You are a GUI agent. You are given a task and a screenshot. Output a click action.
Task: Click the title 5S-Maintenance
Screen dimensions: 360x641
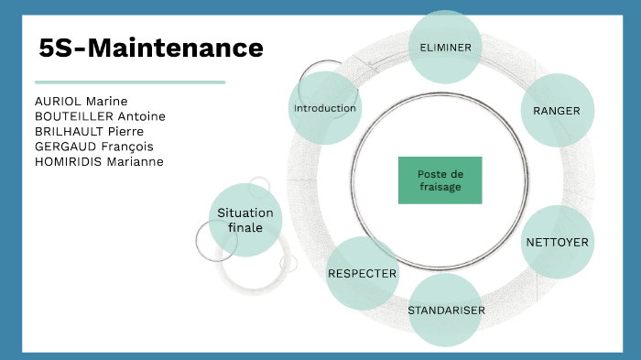151,48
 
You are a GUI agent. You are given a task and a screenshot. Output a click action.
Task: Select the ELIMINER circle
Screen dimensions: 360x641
445,47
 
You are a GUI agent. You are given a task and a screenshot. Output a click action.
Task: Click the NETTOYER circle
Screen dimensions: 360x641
557,242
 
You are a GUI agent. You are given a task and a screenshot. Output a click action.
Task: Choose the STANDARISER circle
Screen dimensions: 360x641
446,310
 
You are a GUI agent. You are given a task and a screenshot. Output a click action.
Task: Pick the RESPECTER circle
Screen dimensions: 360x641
363,273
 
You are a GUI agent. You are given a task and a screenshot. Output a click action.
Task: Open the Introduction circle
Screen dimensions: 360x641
324,108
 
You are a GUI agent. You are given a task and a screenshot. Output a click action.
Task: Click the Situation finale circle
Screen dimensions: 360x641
245,220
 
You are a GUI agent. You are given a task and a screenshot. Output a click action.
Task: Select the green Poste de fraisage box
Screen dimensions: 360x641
440,180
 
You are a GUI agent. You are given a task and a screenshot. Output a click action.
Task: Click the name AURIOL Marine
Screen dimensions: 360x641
81,101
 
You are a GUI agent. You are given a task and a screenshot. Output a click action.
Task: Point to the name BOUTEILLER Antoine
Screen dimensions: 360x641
100,116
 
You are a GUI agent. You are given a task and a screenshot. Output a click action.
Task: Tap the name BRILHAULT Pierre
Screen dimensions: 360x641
89,131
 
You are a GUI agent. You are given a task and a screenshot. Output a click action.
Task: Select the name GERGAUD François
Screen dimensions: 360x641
93,147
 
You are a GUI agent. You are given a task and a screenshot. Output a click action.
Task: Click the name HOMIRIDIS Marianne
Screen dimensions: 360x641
99,161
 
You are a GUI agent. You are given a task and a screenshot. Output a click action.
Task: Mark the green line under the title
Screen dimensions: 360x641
129,82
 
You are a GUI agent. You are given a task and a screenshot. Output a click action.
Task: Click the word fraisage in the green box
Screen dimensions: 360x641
440,187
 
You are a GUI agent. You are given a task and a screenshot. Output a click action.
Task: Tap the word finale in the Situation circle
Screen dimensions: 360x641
245,227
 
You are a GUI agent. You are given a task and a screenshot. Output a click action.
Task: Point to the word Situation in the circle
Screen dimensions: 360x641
245,213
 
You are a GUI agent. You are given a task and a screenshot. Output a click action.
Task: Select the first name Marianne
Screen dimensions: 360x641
133,161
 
